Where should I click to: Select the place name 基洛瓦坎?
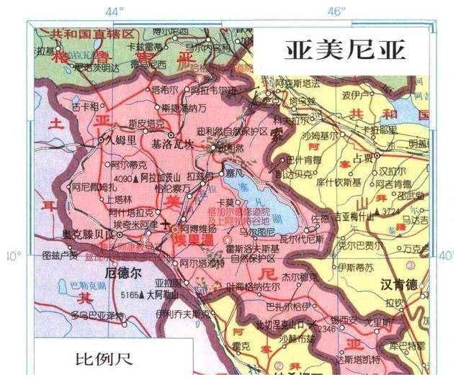tap(173, 145)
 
